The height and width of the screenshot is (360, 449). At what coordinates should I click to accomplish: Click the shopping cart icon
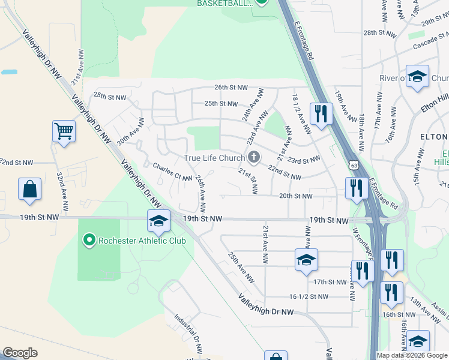(64, 131)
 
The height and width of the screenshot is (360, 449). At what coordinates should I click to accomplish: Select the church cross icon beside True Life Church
(254, 158)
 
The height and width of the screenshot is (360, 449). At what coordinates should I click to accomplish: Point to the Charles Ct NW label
(172, 172)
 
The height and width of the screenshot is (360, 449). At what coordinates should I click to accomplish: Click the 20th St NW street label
(295, 196)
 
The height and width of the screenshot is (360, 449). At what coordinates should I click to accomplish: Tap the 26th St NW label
(231, 88)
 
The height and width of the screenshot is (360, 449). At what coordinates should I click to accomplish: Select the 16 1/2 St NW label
(309, 296)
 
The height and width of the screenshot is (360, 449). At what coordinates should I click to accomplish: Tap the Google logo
(20, 353)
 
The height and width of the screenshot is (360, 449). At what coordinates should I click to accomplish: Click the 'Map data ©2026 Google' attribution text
(412, 355)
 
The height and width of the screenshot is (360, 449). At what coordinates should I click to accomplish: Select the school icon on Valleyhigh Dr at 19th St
(158, 221)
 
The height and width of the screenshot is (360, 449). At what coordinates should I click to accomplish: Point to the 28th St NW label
(377, 32)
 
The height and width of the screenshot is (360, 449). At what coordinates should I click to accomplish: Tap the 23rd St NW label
(303, 161)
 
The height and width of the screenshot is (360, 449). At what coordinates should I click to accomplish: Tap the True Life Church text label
(214, 158)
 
